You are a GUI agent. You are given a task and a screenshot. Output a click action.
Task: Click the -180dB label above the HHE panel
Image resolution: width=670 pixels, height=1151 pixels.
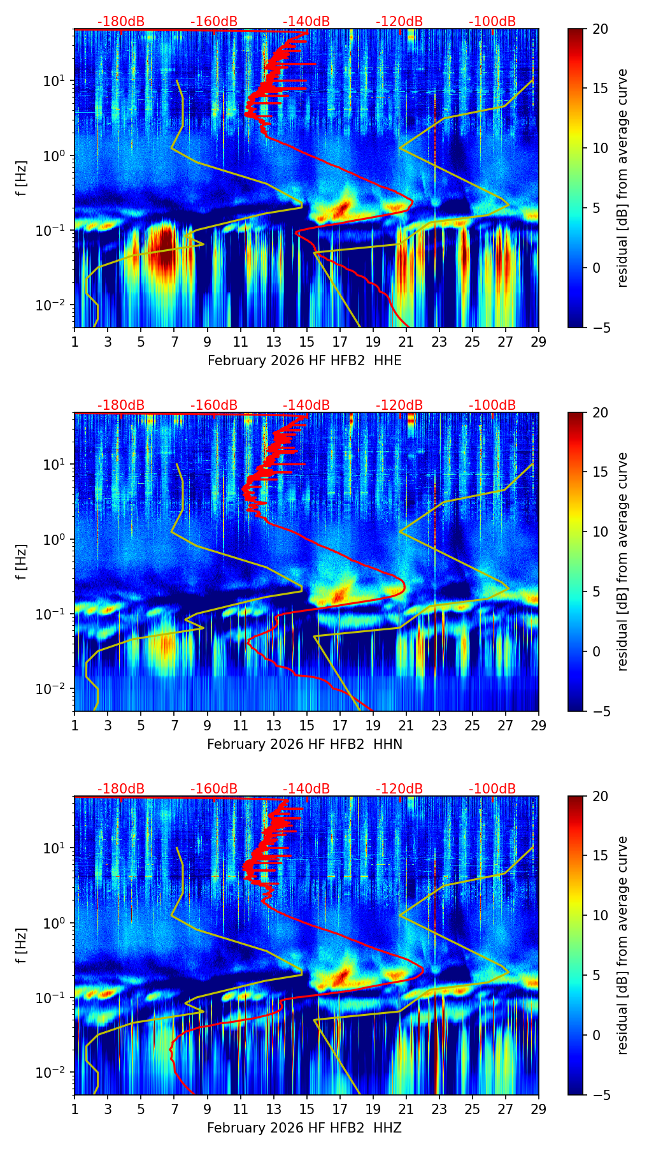[x=121, y=22]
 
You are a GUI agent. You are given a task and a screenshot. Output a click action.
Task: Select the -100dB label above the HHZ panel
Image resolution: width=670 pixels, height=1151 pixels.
[x=492, y=789]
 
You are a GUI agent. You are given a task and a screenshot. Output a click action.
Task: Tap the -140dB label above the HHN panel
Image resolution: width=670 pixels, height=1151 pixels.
[x=306, y=405]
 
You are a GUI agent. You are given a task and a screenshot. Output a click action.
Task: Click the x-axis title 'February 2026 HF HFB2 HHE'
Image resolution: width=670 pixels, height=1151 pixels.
[x=304, y=361]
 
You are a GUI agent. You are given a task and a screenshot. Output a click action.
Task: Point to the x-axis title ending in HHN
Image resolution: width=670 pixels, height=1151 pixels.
[x=304, y=744]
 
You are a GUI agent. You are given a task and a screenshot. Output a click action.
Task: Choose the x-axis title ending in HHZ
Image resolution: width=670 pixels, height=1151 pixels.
[x=304, y=1128]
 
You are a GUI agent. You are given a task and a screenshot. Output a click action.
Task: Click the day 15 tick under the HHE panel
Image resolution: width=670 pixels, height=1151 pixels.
[x=307, y=342]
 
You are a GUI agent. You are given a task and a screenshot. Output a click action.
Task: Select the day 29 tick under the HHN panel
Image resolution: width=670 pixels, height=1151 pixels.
[x=539, y=725]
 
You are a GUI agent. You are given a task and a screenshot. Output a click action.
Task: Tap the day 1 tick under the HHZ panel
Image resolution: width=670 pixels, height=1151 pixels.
[x=75, y=1109]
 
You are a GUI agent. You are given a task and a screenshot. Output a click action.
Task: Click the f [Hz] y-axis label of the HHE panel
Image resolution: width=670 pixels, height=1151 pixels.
[x=21, y=178]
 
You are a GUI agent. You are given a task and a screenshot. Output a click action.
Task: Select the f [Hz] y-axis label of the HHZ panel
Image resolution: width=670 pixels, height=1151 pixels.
[x=21, y=945]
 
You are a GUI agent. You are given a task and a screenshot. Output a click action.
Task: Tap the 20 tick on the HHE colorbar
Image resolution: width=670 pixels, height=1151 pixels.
[x=601, y=29]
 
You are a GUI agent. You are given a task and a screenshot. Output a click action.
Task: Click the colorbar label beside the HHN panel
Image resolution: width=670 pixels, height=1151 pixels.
[x=622, y=561]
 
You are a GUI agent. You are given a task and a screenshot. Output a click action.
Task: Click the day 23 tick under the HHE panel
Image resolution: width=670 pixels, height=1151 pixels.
[x=439, y=342]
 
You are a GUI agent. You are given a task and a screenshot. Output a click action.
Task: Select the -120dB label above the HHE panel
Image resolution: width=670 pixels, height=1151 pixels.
[x=399, y=22]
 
